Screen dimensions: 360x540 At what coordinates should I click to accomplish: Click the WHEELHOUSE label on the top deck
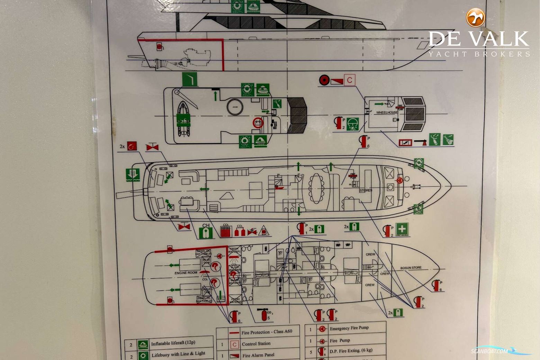pyautogui.click(x=387, y=112)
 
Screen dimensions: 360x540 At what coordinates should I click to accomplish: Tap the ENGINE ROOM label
pyautogui.click(x=186, y=273)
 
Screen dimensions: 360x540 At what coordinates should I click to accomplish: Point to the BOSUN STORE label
pyautogui.click(x=411, y=268)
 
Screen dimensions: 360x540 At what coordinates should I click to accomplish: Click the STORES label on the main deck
pyautogui.click(x=366, y=190)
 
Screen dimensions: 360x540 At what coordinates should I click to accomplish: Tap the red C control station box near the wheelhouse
pyautogui.click(x=350, y=80)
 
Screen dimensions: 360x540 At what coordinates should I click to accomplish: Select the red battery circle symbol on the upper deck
pyautogui.click(x=258, y=122)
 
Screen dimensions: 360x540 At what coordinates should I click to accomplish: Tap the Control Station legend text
pyautogui.click(x=256, y=344)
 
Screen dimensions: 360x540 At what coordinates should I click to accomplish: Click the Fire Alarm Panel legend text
pyautogui.click(x=258, y=355)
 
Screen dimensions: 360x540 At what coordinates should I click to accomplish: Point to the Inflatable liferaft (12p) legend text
pyautogui.click(x=173, y=343)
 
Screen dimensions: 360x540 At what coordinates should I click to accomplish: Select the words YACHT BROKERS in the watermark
pyautogui.click(x=479, y=54)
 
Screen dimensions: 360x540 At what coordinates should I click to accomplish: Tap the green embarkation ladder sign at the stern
pyautogui.click(x=133, y=175)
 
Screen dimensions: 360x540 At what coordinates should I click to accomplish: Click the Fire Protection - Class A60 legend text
pyautogui.click(x=267, y=332)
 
